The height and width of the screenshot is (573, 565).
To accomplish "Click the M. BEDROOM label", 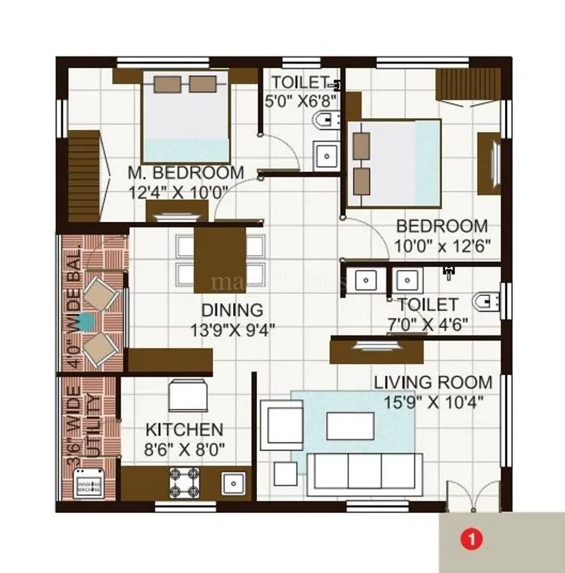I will click(186, 172).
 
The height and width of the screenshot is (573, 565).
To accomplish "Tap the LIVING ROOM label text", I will click(433, 383).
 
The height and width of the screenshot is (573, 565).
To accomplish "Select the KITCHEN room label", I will click(184, 430).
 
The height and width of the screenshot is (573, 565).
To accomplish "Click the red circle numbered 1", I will click(472, 540).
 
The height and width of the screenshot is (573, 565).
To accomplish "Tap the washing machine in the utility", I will click(90, 485).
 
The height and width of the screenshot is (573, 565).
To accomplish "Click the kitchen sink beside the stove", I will click(233, 483).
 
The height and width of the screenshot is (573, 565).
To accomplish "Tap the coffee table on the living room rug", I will click(350, 426).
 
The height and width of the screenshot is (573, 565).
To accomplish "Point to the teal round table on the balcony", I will click(85, 322).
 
